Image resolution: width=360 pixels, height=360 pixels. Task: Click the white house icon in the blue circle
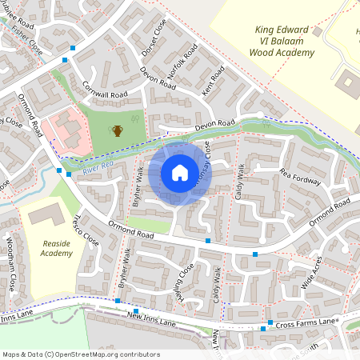tap(180, 173)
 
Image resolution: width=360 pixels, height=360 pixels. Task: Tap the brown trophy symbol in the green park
tap(118, 130)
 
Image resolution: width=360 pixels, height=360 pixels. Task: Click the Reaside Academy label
tap(57, 247)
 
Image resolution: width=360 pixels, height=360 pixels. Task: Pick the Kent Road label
tap(214, 80)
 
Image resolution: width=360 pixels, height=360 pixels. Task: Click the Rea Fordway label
tap(300, 177)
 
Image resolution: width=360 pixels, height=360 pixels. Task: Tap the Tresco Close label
tap(86, 230)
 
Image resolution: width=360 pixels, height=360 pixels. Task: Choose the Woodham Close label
tap(12, 262)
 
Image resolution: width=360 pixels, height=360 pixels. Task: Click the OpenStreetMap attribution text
tap(80, 354)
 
